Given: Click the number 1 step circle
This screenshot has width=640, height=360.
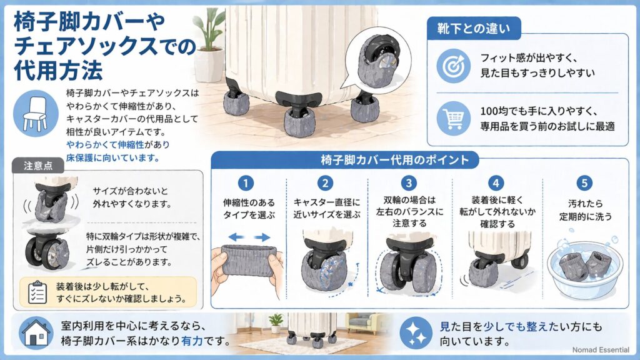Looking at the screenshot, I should (247, 183).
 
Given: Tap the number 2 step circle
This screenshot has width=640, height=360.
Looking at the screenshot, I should (325, 183).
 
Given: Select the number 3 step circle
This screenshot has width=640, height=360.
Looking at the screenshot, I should (409, 183).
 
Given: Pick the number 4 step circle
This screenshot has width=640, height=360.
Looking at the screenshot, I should (496, 183).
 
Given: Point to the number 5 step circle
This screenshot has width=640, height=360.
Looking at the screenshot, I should (584, 183).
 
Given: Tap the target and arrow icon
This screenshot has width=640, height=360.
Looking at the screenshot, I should (452, 65).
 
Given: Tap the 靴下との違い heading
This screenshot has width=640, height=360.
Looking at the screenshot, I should (474, 27).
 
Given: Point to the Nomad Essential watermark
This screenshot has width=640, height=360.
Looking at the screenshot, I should (600, 350).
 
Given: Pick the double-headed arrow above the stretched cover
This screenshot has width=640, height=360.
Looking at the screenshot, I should (248, 237).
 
